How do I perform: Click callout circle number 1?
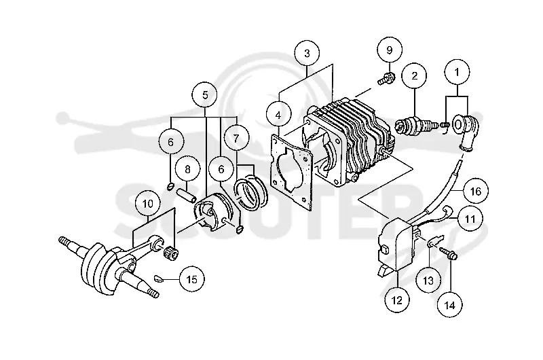point(457,72)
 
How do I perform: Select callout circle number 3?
point(307,54)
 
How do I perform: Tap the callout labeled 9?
point(390,50)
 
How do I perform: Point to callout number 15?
point(192,279)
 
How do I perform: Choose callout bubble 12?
point(397,300)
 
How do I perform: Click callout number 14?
point(450,305)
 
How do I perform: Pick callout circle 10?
point(148,203)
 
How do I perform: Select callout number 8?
point(187,169)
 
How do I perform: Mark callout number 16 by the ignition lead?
point(476,191)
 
